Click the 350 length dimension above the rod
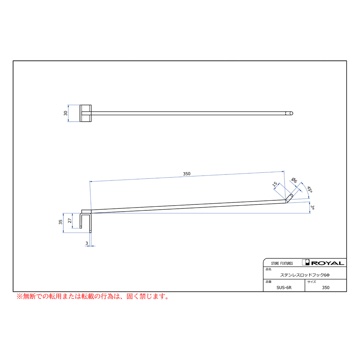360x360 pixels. tap(187, 174)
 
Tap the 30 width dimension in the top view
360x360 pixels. tap(66, 113)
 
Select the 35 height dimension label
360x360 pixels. tap(60, 222)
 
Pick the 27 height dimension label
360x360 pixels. tap(70, 221)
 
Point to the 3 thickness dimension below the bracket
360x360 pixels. tap(86, 243)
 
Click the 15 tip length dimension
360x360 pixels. tap(275, 184)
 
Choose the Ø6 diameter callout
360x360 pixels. tap(294, 180)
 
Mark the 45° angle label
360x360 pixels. tap(310, 190)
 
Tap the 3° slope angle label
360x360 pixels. tap(312, 207)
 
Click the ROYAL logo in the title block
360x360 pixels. tap(323, 263)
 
